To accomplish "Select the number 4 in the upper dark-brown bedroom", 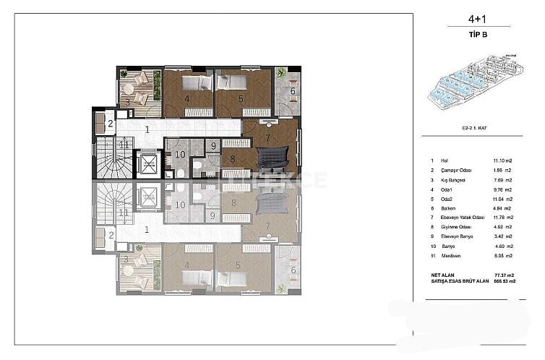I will coord(187,99).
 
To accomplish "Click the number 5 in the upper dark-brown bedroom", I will coord(241,99).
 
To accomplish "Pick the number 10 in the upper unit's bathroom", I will coord(180,154).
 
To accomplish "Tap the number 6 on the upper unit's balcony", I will coord(293,91).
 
